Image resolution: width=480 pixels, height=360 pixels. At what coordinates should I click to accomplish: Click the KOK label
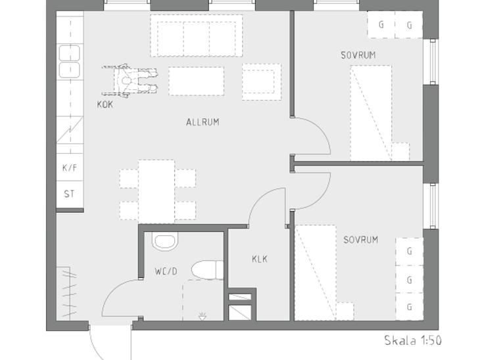coord(105,104)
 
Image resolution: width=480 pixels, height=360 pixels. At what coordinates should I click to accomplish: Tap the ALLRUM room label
coord(203,122)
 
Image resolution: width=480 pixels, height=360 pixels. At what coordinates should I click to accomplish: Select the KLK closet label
coord(260,259)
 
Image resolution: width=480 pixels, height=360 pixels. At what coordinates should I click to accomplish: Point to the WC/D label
coord(166,271)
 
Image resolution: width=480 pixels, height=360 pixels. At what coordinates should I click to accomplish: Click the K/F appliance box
coord(70,167)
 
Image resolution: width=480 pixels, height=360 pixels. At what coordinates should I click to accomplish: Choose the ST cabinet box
coord(70,194)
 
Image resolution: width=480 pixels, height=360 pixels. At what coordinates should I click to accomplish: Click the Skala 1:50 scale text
coord(413,340)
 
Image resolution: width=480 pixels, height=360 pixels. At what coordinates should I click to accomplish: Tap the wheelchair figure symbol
coord(130,81)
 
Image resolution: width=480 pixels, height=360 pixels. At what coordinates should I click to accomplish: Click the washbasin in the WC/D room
coord(165,241)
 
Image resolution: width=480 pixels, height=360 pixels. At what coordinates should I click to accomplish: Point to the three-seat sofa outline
coord(197,35)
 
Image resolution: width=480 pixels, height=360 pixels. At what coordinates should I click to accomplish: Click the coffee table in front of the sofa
coord(196,81)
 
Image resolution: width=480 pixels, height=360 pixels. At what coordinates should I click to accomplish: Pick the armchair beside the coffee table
coord(262,81)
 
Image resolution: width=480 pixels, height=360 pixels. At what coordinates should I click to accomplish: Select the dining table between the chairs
coord(156,191)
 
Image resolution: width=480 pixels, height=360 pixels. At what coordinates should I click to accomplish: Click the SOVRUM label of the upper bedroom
coord(358,55)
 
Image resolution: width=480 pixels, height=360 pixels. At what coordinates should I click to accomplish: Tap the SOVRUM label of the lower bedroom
coord(360,240)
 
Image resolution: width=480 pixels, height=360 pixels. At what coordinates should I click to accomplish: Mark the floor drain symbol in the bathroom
coord(202,317)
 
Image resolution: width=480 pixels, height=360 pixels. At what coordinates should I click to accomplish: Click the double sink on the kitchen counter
coord(70,61)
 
